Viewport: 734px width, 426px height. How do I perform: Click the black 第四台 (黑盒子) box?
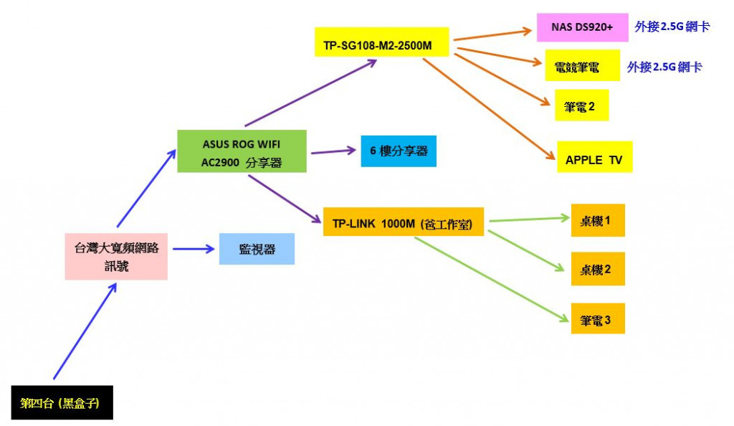click(x=62, y=403)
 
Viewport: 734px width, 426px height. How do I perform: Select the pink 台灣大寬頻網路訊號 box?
click(x=116, y=256)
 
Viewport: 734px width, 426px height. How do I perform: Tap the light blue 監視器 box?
click(x=257, y=249)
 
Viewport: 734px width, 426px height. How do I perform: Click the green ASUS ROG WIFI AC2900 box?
click(x=242, y=151)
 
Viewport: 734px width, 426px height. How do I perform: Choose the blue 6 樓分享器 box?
click(x=399, y=151)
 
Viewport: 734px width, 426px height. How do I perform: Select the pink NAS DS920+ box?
click(x=577, y=27)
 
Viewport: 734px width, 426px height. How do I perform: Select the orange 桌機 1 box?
click(x=598, y=220)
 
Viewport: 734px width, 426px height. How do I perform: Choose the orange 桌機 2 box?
click(x=598, y=269)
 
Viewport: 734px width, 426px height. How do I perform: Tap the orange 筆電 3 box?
click(x=598, y=318)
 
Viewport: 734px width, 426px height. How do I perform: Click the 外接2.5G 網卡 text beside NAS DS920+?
click(x=672, y=27)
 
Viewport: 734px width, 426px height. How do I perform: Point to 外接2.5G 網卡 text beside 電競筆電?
click(x=664, y=67)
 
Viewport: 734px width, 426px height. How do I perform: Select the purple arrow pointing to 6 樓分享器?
click(x=333, y=151)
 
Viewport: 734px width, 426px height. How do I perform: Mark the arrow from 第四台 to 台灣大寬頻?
click(x=85, y=330)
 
